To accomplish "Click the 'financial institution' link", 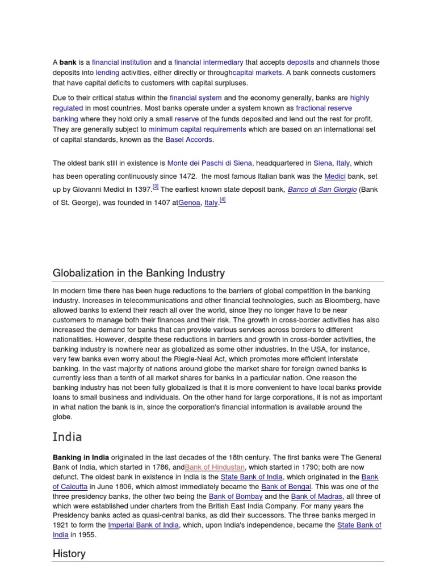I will pyautogui.click(x=121, y=62).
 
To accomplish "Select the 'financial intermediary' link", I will pyautogui.click(x=208, y=62).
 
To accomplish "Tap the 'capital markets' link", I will pyautogui.click(x=257, y=73).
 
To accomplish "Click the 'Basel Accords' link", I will pyautogui.click(x=189, y=140).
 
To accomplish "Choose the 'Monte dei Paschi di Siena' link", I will pyautogui.click(x=209, y=163).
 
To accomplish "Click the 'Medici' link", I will pyautogui.click(x=335, y=176).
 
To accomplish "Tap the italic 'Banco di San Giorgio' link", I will pyautogui.click(x=322, y=190).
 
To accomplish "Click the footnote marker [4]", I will pyautogui.click(x=223, y=200).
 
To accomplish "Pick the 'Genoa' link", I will pyautogui.click(x=189, y=203).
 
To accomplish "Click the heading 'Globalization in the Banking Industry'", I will pyautogui.click(x=139, y=273).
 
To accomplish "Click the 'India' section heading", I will pyautogui.click(x=68, y=437).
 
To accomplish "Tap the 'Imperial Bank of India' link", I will pyautogui.click(x=144, y=525).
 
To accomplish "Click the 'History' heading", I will pyautogui.click(x=69, y=553).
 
